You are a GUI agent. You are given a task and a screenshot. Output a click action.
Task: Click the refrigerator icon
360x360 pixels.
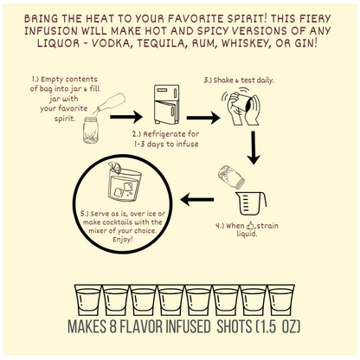click(166, 105)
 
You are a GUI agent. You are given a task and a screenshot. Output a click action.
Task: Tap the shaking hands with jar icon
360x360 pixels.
click(241, 106)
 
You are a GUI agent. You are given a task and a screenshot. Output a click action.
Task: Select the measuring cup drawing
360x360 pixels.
click(251, 203)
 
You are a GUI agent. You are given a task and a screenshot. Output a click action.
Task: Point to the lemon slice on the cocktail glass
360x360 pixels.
click(115, 168)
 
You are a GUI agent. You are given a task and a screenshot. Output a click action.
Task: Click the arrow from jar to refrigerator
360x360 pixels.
click(126, 117)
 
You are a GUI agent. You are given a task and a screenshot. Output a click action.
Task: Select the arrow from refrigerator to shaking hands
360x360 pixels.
click(203, 118)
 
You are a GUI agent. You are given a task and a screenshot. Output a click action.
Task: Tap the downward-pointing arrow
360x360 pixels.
click(254, 148)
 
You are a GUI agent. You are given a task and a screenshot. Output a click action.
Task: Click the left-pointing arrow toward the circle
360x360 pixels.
click(197, 200)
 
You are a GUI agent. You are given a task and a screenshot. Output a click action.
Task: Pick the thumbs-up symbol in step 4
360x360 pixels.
click(250, 225)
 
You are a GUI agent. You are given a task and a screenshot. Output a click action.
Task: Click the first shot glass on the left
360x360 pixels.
click(88, 300)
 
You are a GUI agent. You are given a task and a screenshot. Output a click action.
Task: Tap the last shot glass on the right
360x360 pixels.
click(281, 300)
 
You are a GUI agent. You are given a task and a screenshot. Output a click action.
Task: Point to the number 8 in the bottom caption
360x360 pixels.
click(112, 326)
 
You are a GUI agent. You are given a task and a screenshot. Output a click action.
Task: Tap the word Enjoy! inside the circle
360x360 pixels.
click(123, 240)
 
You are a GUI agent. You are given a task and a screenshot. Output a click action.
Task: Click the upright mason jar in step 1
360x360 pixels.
click(91, 130)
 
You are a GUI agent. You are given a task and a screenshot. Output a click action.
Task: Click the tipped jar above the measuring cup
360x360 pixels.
click(231, 176)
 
